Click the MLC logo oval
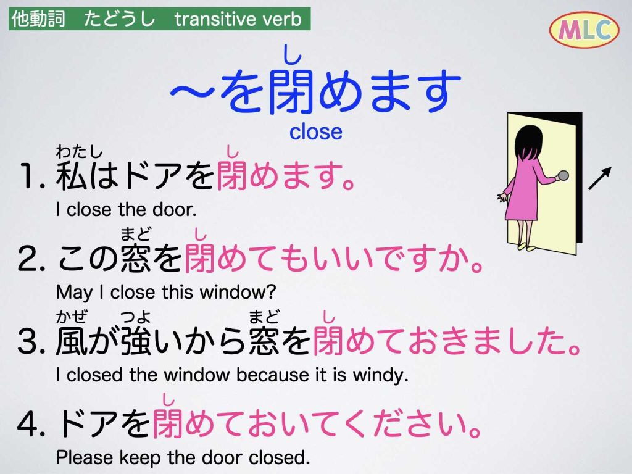tap(584, 29)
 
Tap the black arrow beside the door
tap(600, 178)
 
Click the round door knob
tap(562, 176)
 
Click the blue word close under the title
tap(315, 131)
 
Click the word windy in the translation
tap(380, 375)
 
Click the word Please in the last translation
tap(85, 457)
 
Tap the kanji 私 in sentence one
tap(72, 176)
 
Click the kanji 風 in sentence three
tap(72, 341)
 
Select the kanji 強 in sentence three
tap(136, 341)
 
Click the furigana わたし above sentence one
tap(79, 152)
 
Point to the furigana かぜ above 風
tap(72, 317)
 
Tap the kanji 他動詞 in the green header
tap(38, 19)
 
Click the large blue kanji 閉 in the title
tap(291, 91)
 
